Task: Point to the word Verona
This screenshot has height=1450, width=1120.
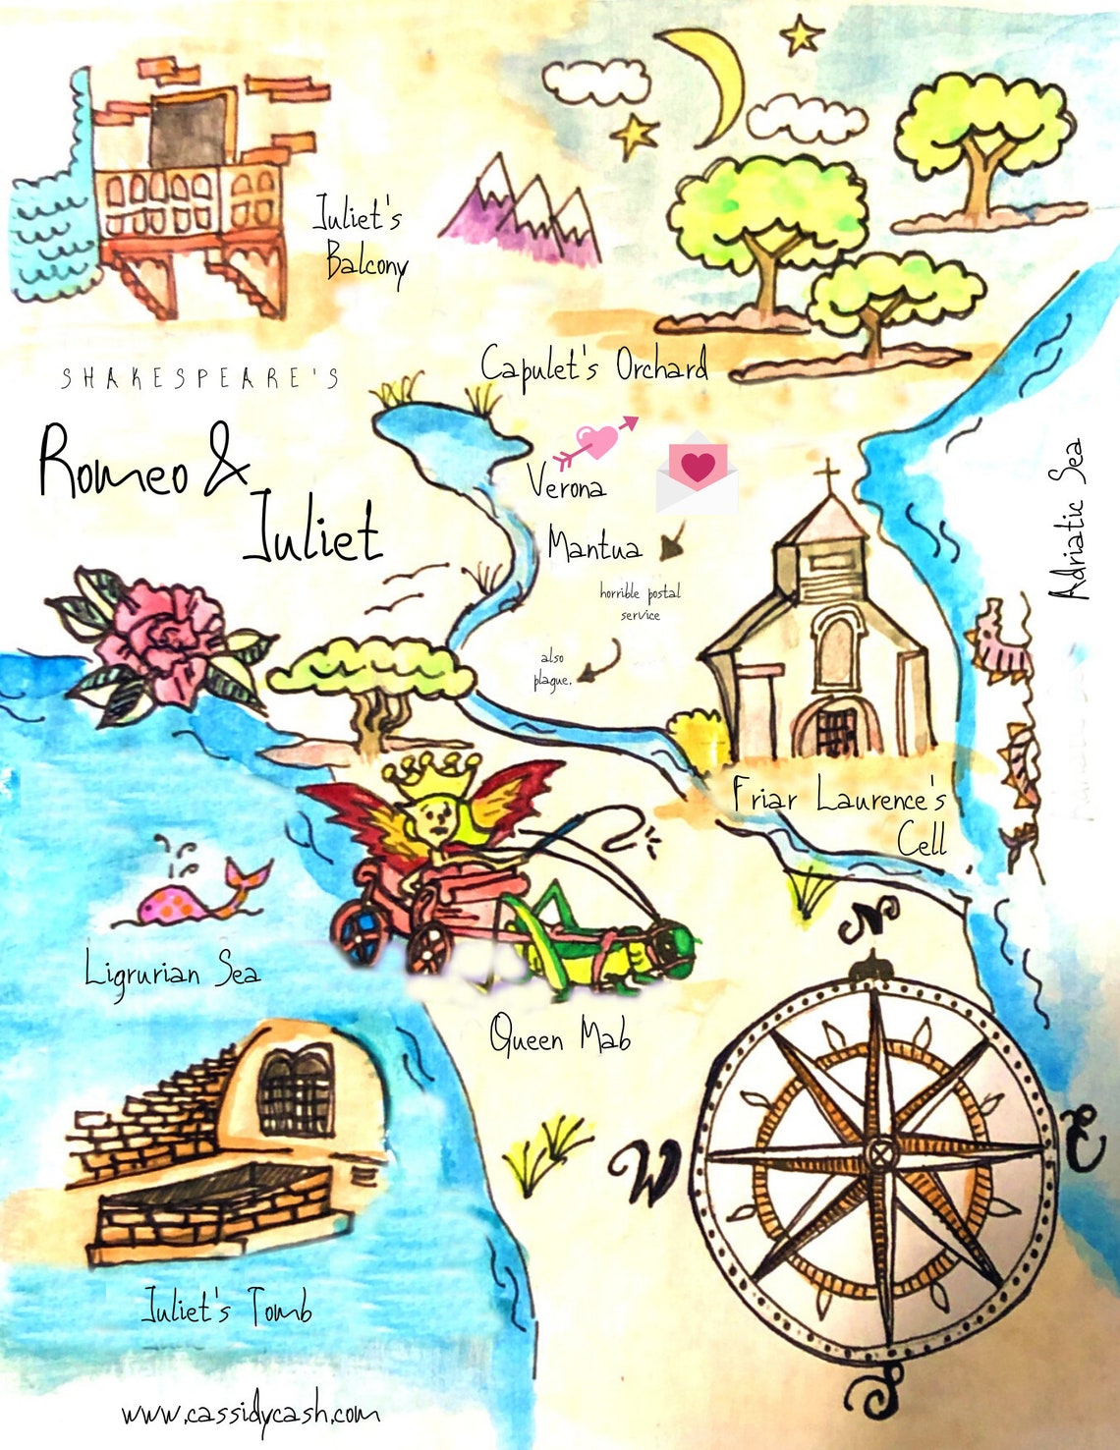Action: [566, 481]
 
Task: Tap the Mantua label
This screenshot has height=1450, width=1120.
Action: [594, 544]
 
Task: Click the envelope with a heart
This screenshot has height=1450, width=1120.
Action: [698, 473]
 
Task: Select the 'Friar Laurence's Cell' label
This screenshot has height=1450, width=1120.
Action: [840, 814]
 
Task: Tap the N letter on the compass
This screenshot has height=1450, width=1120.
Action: [869, 918]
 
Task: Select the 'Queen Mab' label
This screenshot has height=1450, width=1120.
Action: [560, 1037]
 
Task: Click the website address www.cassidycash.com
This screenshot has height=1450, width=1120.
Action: [251, 1414]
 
